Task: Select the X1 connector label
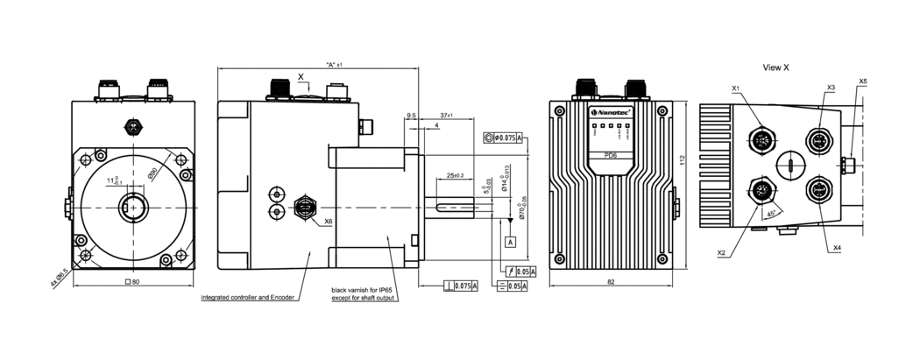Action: [736, 88]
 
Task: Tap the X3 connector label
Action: [830, 88]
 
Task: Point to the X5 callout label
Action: [863, 81]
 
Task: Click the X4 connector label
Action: [837, 248]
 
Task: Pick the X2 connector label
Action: [722, 252]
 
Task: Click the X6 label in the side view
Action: [329, 222]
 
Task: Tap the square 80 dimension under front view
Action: [133, 282]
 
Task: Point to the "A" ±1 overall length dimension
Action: [333, 65]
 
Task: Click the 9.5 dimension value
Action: [412, 115]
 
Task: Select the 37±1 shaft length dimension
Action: [446, 115]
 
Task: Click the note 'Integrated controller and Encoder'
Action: [246, 298]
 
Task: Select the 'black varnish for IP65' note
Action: [363, 290]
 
